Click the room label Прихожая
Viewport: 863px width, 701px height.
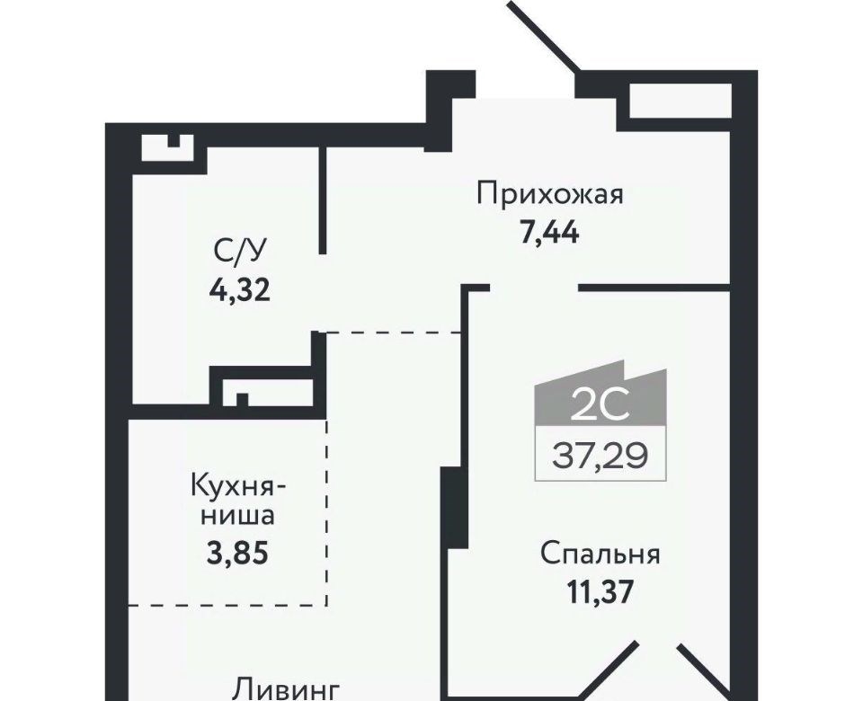[550, 195]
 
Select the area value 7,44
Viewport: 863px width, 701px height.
[549, 234]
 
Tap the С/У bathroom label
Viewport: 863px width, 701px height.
[239, 252]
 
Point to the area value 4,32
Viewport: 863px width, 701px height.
[239, 289]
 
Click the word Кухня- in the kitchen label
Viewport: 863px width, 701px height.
[238, 486]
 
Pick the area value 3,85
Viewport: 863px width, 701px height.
[237, 554]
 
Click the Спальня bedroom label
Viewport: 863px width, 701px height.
[600, 555]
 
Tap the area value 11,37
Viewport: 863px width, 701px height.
[600, 592]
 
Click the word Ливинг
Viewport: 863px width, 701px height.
[286, 690]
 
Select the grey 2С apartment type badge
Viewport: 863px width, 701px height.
[601, 394]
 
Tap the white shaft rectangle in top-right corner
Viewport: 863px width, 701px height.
[681, 100]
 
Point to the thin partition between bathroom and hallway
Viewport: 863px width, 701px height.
[323, 200]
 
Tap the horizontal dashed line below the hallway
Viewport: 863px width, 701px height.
[393, 333]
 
